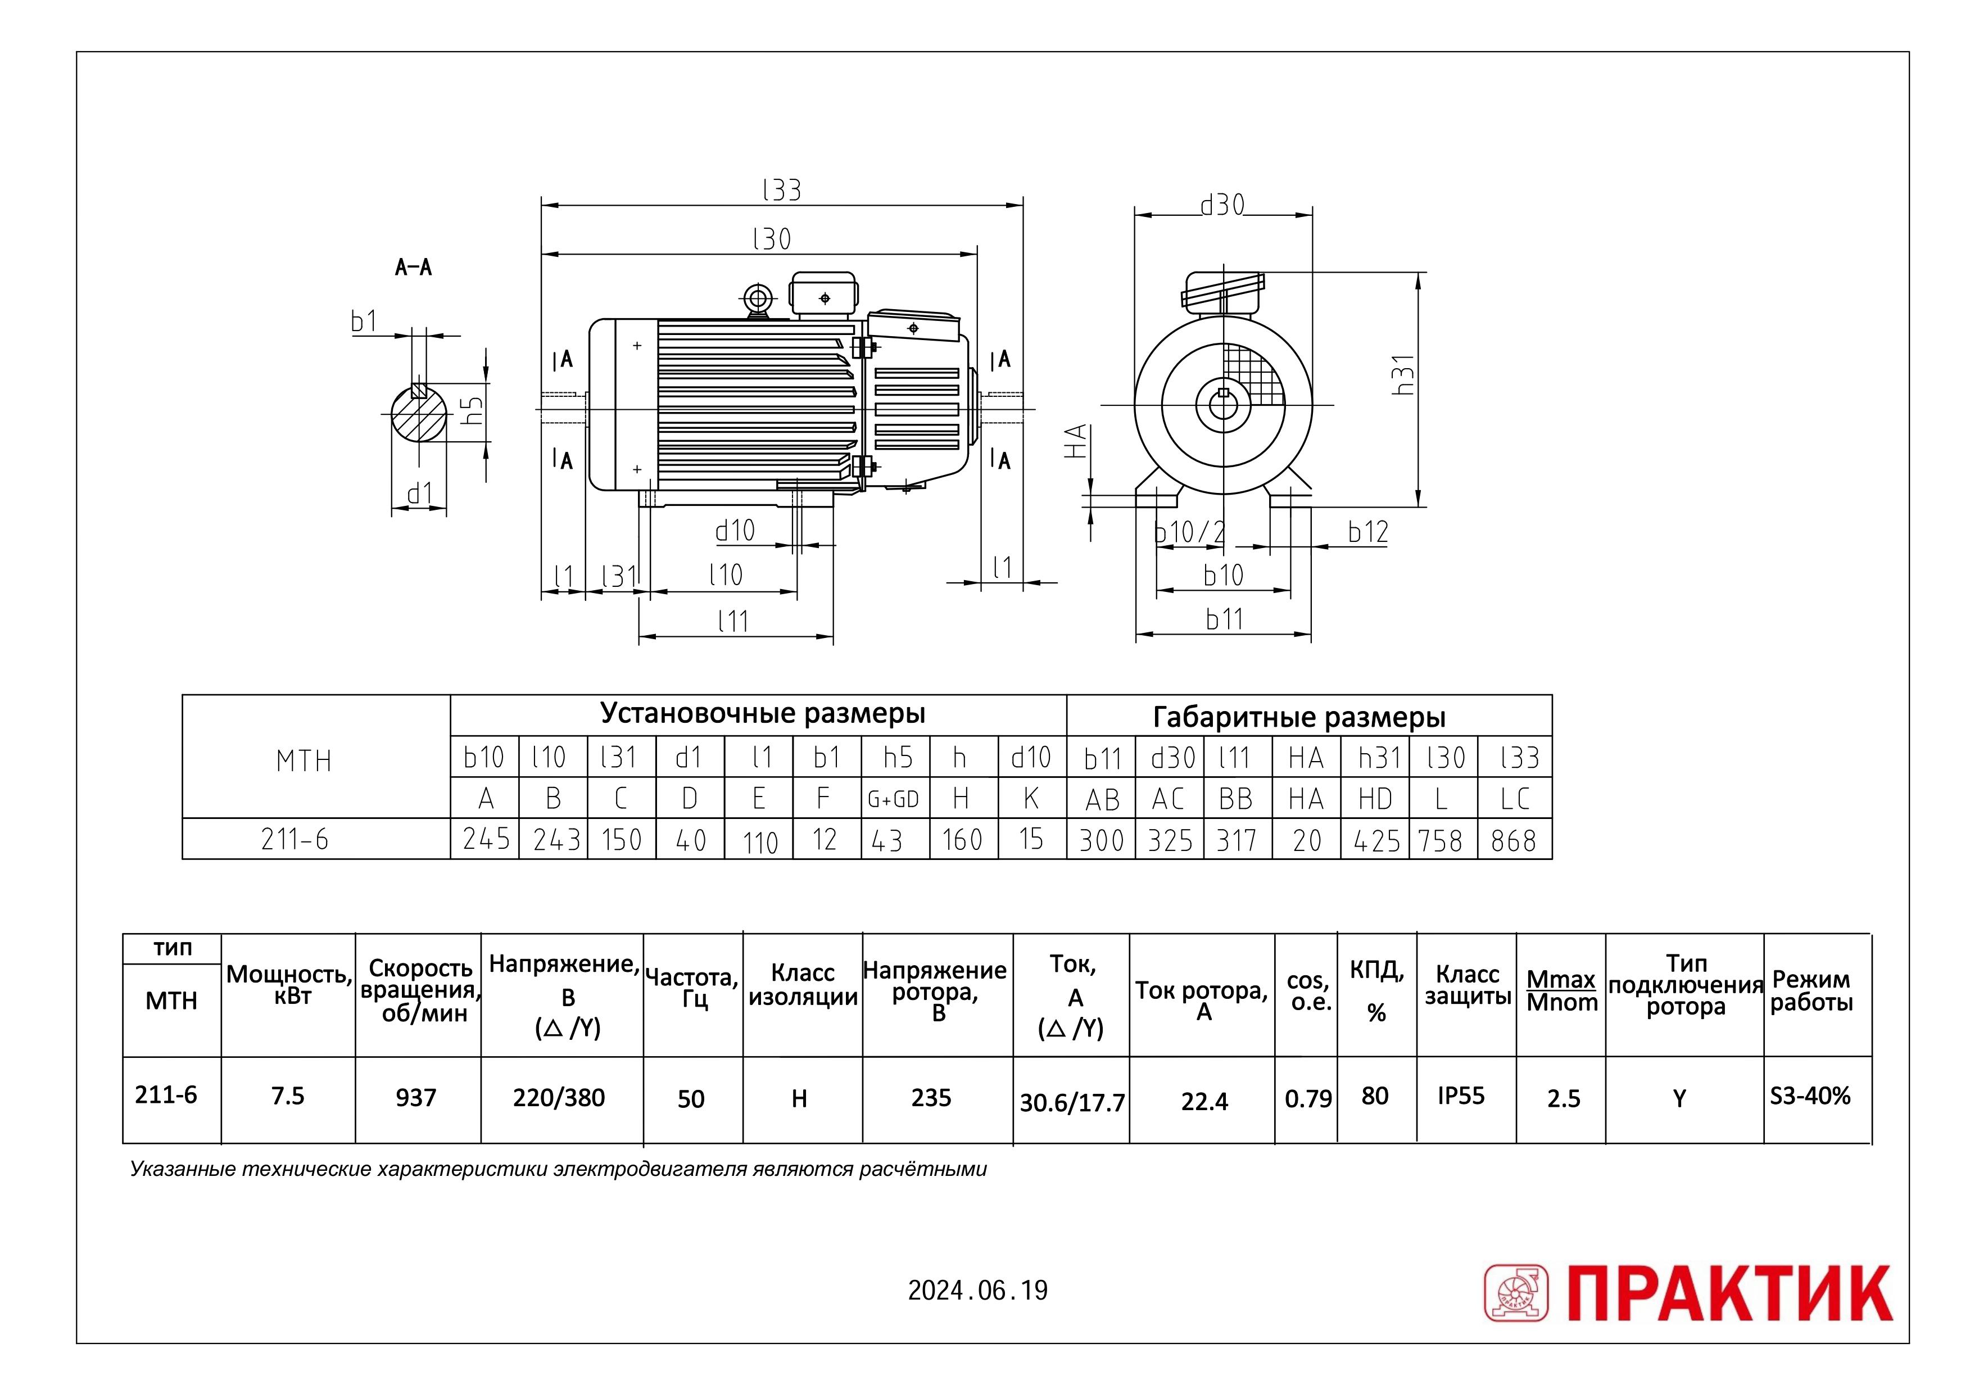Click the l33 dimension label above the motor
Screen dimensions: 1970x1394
[x=781, y=189]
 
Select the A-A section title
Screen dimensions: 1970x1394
[x=413, y=267]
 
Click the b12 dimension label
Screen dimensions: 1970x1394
[x=1367, y=532]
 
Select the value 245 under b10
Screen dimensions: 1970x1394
[x=486, y=839]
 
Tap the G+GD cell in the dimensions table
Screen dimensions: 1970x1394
[x=894, y=799]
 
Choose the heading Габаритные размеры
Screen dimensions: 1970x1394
[x=1299, y=717]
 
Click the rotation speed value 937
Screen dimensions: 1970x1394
[x=416, y=1097]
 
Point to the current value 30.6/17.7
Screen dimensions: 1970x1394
[x=1072, y=1103]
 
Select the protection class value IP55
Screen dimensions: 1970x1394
[x=1461, y=1096]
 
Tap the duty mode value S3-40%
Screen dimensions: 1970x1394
[x=1809, y=1096]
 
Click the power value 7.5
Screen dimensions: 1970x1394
[x=288, y=1096]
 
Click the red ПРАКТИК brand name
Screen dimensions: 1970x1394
[x=1729, y=1293]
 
